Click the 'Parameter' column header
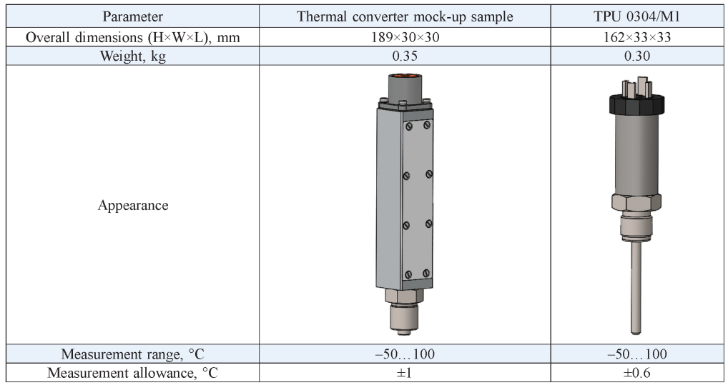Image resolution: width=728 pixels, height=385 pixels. coord(132,16)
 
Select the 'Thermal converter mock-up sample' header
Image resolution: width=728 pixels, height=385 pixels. coord(405,16)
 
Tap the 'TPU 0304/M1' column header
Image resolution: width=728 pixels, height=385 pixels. coord(636,16)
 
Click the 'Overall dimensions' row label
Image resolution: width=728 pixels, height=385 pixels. coord(132,37)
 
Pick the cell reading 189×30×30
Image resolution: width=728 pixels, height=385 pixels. coord(405,37)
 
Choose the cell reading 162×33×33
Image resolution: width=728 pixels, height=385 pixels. coord(636,37)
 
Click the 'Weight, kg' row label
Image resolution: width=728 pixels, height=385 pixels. coord(132,56)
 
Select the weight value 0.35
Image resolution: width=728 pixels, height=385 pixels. coord(405,56)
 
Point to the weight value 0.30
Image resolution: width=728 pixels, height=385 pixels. coord(636,56)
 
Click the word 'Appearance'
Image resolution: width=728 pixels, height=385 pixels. coord(133,206)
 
